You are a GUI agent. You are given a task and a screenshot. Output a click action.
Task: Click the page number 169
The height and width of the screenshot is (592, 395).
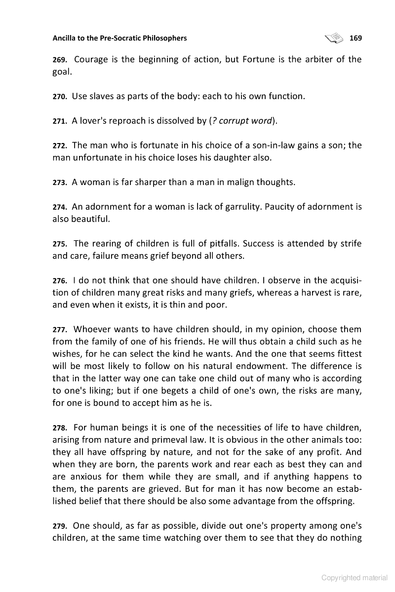point(355,38)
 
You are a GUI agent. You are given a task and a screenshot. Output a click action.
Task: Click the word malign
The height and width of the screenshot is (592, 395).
point(232,182)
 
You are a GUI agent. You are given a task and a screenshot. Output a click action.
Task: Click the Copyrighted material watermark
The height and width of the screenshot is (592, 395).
point(354,578)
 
